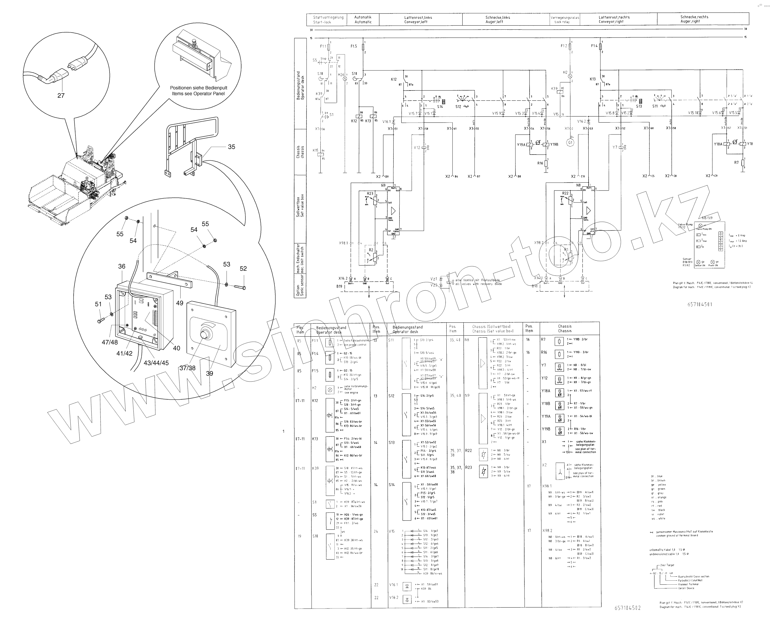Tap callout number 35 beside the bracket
click(x=231, y=147)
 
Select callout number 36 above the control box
click(x=122, y=266)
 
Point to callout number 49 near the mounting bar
click(x=180, y=303)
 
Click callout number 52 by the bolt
click(x=243, y=268)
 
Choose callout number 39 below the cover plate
click(x=209, y=373)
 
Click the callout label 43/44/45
click(x=156, y=363)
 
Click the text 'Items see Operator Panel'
click(x=198, y=93)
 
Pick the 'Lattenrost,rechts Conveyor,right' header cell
click(x=614, y=19)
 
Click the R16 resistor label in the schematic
click(x=540, y=163)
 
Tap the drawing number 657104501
click(x=700, y=304)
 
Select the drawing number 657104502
click(x=627, y=608)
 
